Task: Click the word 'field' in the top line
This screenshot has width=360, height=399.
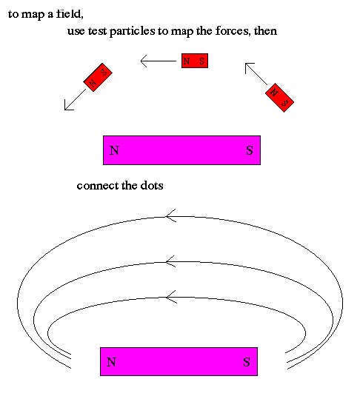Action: click(x=70, y=13)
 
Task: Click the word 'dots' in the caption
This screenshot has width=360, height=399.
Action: click(x=152, y=186)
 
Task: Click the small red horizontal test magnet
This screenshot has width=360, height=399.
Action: click(x=195, y=61)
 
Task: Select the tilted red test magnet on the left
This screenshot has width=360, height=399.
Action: click(x=98, y=77)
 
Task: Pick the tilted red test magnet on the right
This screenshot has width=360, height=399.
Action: click(x=279, y=98)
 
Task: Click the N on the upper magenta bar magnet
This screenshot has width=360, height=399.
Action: click(x=114, y=150)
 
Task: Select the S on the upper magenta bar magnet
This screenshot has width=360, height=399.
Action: click(x=250, y=150)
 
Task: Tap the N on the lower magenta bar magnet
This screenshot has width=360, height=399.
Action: click(x=111, y=362)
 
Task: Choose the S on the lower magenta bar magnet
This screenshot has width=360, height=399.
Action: click(x=247, y=362)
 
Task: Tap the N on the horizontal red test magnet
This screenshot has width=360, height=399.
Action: click(x=187, y=61)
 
